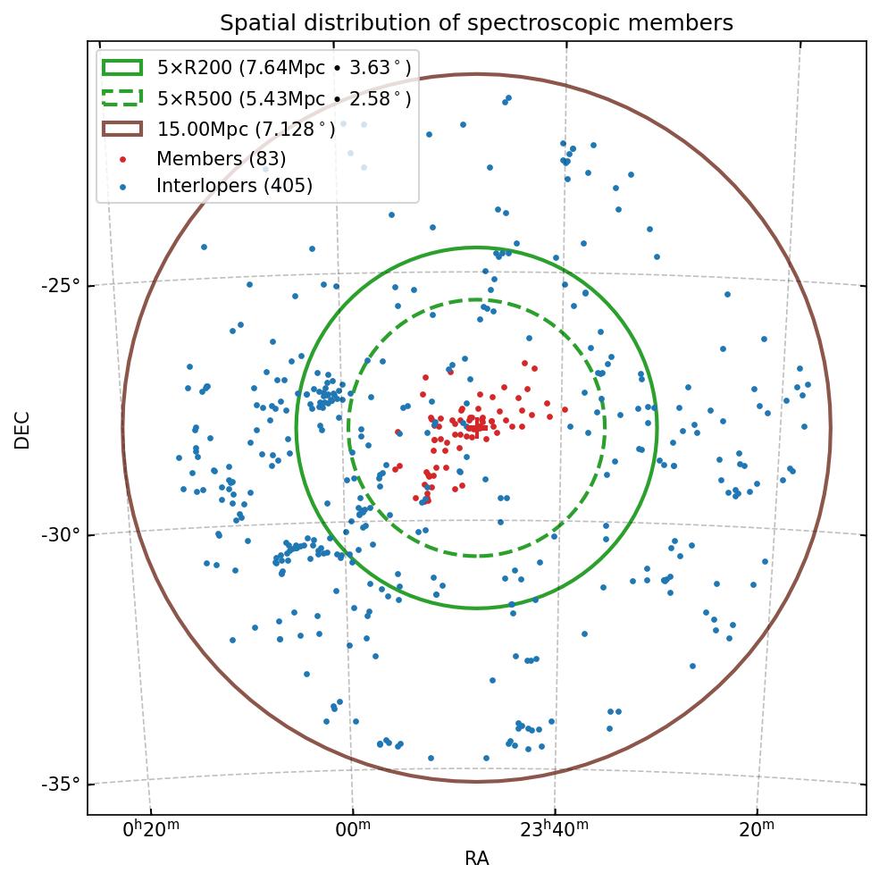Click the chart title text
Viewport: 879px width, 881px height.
(x=476, y=23)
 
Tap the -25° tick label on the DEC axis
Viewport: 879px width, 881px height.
(x=61, y=286)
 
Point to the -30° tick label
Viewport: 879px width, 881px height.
(x=61, y=535)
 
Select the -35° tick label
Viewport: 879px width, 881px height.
(x=61, y=785)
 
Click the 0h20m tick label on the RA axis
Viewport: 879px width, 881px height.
(x=151, y=830)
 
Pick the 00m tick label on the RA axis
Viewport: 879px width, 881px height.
(x=352, y=830)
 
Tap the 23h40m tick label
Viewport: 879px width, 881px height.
(x=554, y=830)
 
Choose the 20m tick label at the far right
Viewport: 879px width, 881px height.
(x=757, y=830)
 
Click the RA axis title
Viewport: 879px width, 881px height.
(x=476, y=860)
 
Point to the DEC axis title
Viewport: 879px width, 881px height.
(x=22, y=429)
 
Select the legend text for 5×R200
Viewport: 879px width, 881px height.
(x=284, y=67)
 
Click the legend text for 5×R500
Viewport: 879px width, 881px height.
(x=284, y=98)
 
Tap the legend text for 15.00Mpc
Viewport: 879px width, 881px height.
(x=247, y=129)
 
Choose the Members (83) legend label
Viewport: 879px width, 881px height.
(x=221, y=159)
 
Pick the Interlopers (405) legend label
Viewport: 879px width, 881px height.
(x=234, y=186)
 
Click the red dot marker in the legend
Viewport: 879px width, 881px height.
(x=122, y=159)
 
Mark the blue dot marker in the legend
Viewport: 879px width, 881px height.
(x=122, y=186)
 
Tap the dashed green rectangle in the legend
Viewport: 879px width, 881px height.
(x=122, y=97)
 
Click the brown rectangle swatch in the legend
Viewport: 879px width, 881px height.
(x=122, y=129)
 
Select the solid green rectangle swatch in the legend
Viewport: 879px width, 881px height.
(x=122, y=67)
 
